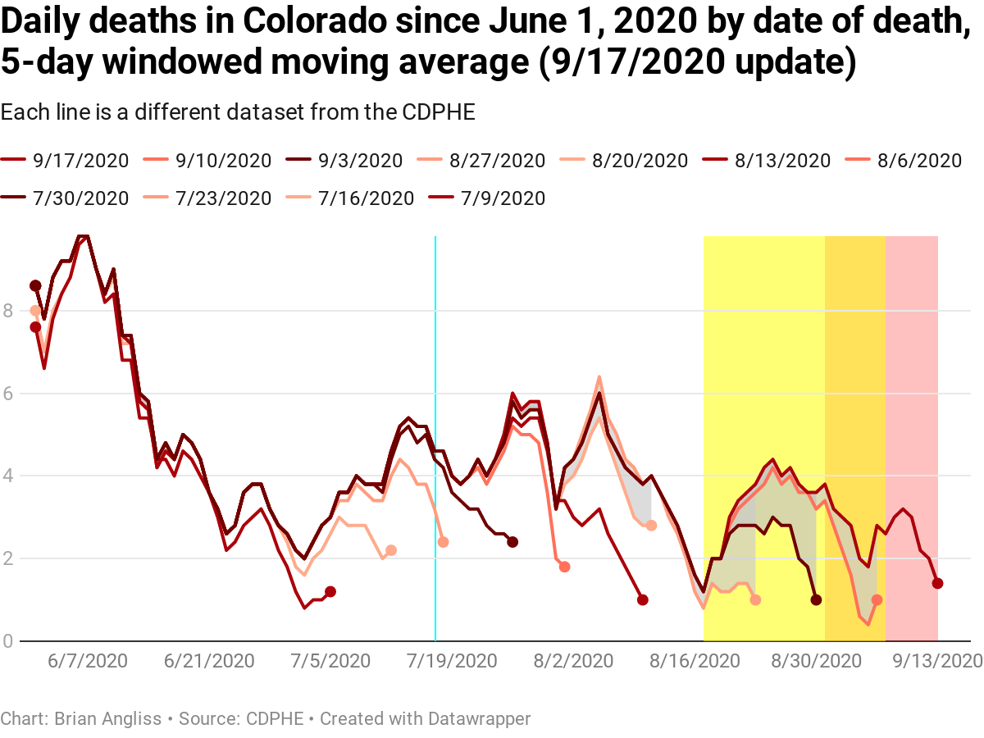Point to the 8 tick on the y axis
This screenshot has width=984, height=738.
(8, 311)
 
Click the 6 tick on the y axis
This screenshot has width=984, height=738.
(8, 394)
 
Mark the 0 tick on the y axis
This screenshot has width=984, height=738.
(8, 640)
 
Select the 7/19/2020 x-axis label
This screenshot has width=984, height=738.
(451, 661)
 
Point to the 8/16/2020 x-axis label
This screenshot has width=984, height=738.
(696, 661)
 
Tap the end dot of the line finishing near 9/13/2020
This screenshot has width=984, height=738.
(937, 583)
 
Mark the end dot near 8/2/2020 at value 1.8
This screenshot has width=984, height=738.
(564, 567)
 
